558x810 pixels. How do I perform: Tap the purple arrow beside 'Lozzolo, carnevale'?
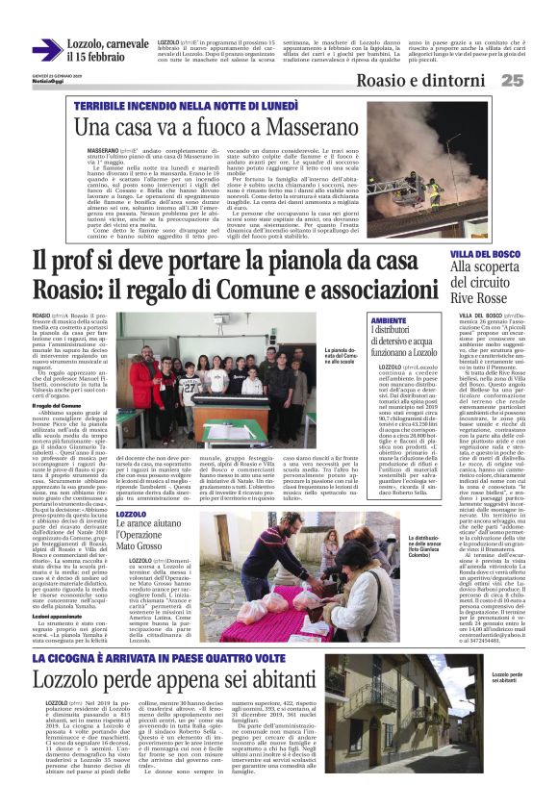[x=46, y=50]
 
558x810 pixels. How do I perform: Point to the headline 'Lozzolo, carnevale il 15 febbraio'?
[x=108, y=50]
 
